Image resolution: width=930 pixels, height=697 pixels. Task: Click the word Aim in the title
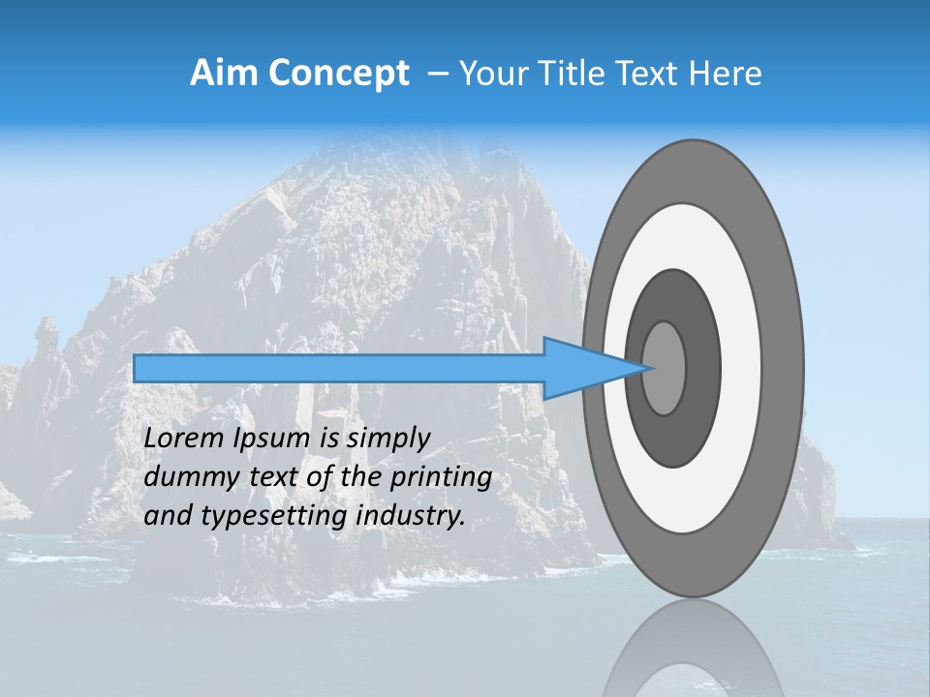[x=225, y=73]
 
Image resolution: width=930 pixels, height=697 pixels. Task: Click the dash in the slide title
[x=438, y=75]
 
